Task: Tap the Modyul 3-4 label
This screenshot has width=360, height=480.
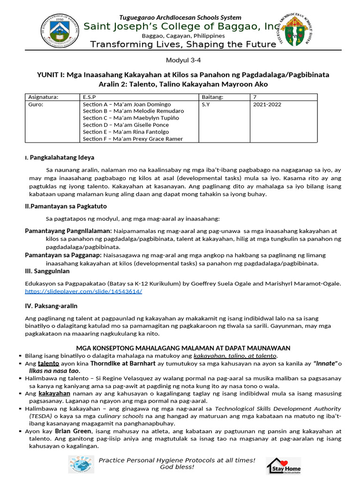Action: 180,60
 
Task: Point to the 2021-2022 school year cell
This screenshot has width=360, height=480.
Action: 267,105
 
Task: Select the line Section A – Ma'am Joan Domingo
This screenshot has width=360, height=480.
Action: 127,105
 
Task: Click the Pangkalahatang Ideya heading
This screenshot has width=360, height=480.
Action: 62,157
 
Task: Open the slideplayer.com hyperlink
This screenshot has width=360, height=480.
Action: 83,291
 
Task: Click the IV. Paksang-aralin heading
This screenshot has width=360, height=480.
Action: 51,306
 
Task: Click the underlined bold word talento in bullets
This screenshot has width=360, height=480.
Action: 48,363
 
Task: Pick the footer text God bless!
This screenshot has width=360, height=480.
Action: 177,467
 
